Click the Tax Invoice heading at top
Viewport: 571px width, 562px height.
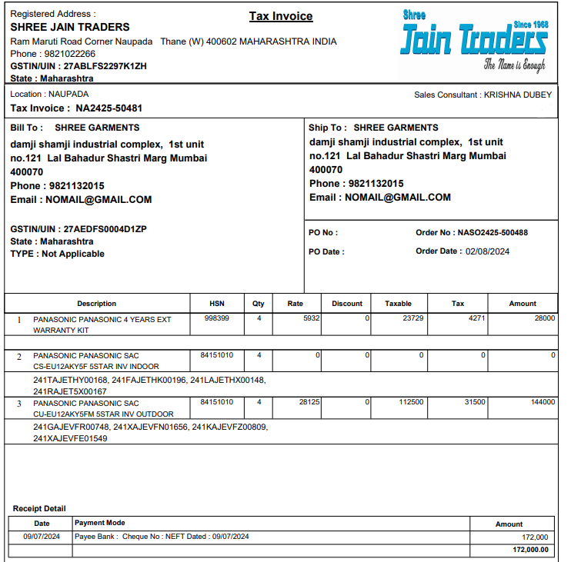(281, 16)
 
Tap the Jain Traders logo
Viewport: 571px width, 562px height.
(474, 41)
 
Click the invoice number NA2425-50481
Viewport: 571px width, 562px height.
(109, 108)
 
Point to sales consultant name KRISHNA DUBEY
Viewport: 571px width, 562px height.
(518, 95)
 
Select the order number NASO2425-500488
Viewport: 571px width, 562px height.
(493, 232)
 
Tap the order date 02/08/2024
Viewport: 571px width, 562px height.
(487, 251)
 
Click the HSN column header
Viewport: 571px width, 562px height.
(217, 304)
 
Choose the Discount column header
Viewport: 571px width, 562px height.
(347, 304)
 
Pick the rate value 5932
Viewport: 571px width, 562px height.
(311, 318)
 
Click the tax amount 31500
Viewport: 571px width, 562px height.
(473, 402)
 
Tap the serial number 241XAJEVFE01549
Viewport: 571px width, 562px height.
(70, 438)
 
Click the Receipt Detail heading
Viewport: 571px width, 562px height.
(39, 508)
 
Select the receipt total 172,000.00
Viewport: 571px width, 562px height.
(530, 550)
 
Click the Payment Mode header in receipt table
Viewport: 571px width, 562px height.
(100, 523)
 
